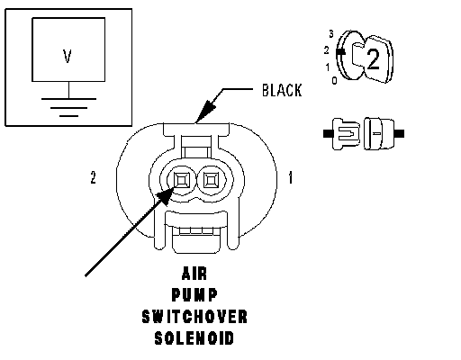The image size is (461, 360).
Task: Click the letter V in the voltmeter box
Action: pos(68,57)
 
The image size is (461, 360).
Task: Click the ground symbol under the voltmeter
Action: pos(68,107)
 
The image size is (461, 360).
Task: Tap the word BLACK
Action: pos(282,90)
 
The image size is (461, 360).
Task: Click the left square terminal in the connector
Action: pos(182,180)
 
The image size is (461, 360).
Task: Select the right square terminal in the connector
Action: pos(211,180)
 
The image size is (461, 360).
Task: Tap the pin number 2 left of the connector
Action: pos(94,177)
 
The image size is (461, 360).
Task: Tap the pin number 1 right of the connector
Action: pos(290,177)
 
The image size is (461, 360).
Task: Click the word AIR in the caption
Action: pos(194,274)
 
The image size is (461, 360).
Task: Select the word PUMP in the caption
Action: pos(194,294)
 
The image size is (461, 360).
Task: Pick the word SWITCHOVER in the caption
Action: pos(194,317)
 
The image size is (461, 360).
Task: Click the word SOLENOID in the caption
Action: pos(194,337)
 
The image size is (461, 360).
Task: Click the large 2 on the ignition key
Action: pos(373,59)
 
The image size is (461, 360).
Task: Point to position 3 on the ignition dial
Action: pos(331,34)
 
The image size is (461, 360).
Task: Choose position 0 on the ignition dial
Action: pos(334,80)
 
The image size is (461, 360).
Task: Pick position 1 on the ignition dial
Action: pos(328,67)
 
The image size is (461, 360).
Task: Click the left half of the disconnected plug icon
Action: pos(342,134)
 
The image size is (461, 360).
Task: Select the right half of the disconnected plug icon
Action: pos(384,133)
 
